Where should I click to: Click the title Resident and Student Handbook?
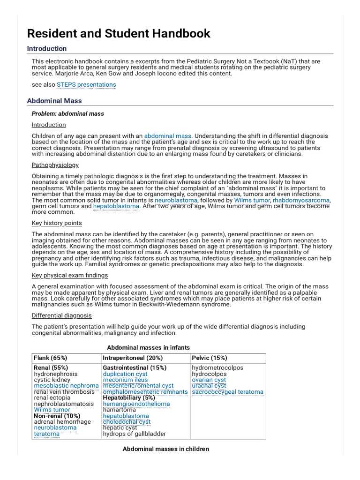click(x=119, y=33)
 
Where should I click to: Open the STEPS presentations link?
click(x=86, y=85)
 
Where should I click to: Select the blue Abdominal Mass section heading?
click(x=54, y=100)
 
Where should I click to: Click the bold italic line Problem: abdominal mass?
click(x=68, y=113)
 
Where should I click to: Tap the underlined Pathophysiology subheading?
click(x=55, y=165)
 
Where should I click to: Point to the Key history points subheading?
click(x=57, y=223)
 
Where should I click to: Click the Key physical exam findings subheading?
click(x=69, y=275)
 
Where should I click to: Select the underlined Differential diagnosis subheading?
click(x=62, y=315)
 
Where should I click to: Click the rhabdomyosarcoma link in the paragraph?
click(x=301, y=200)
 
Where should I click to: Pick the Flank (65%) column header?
click(x=51, y=358)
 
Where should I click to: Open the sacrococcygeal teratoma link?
click(x=227, y=392)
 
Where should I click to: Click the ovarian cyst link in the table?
click(x=209, y=380)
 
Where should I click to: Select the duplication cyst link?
click(x=125, y=374)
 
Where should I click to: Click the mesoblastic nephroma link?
click(x=66, y=386)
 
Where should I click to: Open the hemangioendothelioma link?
click(x=136, y=404)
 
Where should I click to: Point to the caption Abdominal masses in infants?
click(x=149, y=347)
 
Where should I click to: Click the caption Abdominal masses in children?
click(x=165, y=449)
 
